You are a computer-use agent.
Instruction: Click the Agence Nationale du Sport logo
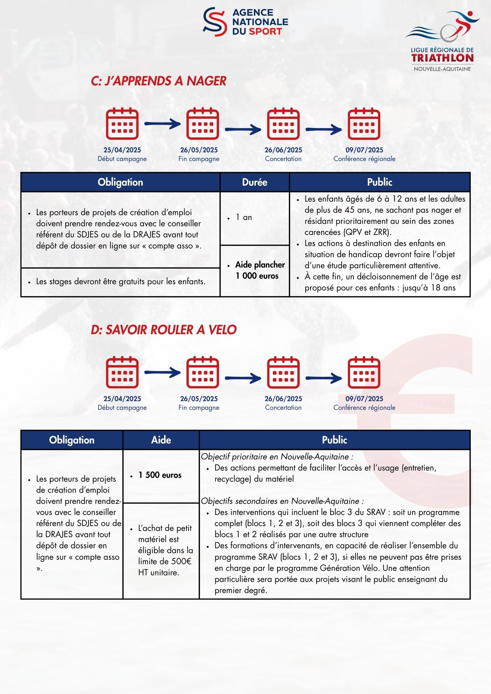click(x=245, y=22)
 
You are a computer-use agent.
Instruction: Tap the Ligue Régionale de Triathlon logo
click(x=442, y=41)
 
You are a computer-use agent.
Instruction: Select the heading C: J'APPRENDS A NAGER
click(x=158, y=81)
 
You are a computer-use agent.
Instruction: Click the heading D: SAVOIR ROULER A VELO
click(x=164, y=330)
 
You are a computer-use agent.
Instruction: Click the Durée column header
click(x=255, y=182)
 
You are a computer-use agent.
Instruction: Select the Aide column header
click(x=161, y=440)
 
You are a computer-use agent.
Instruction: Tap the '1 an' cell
click(x=255, y=218)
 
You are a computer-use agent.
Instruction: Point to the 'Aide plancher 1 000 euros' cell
click(x=257, y=270)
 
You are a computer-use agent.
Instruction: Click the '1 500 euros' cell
click(x=160, y=475)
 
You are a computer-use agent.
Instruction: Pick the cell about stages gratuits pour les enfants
click(x=120, y=281)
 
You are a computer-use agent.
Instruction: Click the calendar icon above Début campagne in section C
click(x=122, y=124)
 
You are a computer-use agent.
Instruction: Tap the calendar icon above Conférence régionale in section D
click(x=364, y=372)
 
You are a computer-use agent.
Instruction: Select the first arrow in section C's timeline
click(x=163, y=124)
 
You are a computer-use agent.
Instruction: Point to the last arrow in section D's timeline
click(x=324, y=378)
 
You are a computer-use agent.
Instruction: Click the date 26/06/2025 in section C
click(x=283, y=150)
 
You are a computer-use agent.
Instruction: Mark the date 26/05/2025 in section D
click(x=199, y=399)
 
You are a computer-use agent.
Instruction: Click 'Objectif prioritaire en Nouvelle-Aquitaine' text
click(x=277, y=457)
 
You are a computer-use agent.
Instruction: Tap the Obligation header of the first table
click(x=120, y=182)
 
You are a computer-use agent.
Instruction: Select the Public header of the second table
click(x=334, y=440)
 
